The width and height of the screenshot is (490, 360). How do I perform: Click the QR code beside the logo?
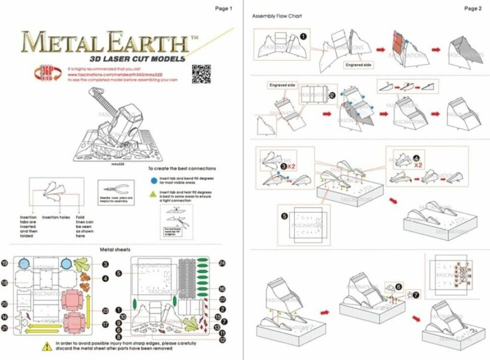click(x=199, y=72)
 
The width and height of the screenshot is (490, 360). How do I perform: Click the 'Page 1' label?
click(x=223, y=8)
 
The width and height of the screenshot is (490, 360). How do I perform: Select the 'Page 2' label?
click(x=473, y=8)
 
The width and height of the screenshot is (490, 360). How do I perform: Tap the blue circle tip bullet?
click(x=153, y=181)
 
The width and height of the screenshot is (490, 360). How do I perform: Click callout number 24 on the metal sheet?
click(x=222, y=263)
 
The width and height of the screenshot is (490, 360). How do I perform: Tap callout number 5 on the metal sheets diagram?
click(x=119, y=273)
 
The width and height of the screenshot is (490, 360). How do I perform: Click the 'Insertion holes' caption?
click(x=56, y=217)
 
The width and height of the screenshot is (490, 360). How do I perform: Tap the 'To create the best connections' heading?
click(x=182, y=169)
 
